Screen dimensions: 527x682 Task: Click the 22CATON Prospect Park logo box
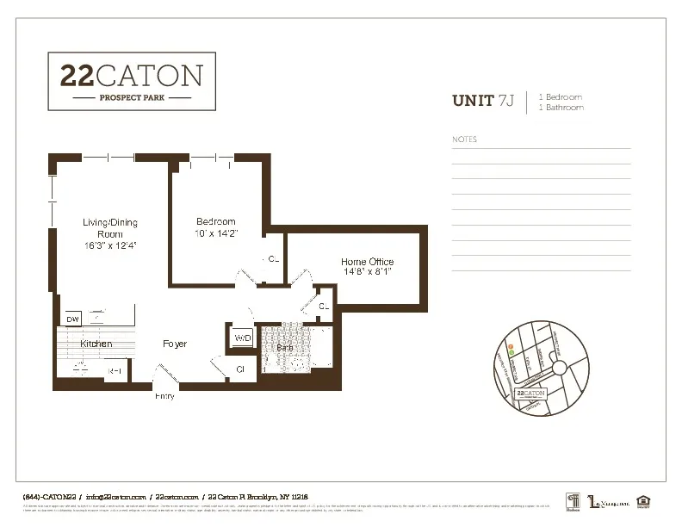tap(131, 81)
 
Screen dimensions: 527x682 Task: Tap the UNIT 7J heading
tap(482, 102)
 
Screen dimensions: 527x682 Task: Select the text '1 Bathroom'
tap(561, 108)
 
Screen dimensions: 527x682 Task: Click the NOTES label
tap(464, 139)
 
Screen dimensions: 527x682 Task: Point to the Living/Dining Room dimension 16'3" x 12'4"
tap(109, 245)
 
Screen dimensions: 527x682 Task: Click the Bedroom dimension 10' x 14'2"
tap(215, 232)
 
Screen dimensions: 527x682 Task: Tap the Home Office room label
tap(368, 262)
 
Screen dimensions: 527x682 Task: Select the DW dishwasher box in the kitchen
tap(72, 319)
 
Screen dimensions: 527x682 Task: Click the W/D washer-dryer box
tap(242, 338)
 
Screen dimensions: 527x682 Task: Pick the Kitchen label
tap(96, 344)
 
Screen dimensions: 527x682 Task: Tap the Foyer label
tap(175, 344)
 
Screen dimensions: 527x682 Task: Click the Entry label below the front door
tap(164, 396)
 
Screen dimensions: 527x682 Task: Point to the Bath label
tap(284, 347)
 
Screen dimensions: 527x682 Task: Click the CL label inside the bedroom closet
tap(274, 258)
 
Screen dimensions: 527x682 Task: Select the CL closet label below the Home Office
tap(324, 307)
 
